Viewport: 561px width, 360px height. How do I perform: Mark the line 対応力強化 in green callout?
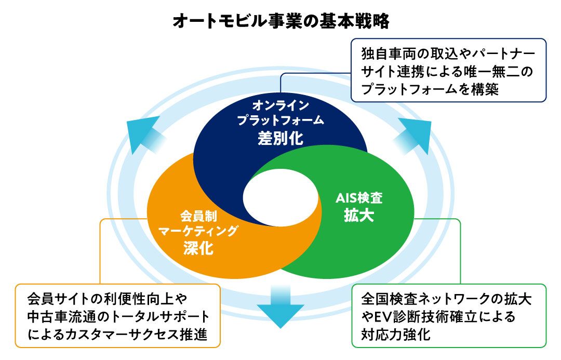tap(396, 334)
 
